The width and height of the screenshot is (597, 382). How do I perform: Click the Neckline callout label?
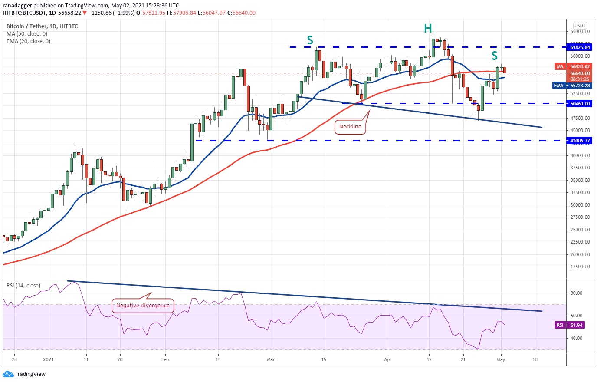(x=350, y=127)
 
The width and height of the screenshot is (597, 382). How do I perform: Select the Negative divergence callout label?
(x=143, y=305)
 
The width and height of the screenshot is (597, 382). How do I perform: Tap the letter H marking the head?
(x=428, y=29)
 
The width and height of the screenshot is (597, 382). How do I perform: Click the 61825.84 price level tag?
(x=580, y=47)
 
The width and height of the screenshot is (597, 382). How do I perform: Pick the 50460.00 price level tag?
(x=580, y=104)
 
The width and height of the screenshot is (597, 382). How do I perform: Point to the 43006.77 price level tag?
(x=580, y=141)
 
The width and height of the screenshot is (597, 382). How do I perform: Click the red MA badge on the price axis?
(x=560, y=66)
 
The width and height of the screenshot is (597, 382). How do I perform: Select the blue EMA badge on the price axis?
(x=559, y=86)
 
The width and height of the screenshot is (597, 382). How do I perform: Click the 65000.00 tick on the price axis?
(x=580, y=31)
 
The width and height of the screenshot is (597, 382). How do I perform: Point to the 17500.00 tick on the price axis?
(x=580, y=267)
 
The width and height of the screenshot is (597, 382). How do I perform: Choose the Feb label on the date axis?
(x=165, y=359)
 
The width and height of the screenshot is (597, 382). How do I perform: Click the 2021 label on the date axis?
(x=49, y=359)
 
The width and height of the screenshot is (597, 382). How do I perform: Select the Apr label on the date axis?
(x=388, y=359)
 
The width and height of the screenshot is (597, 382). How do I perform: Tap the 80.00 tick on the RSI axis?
(x=576, y=293)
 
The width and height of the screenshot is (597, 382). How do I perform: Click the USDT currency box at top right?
(x=580, y=26)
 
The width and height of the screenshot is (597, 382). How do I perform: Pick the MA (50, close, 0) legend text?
(x=27, y=34)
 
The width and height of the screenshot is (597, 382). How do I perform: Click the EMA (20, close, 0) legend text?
(x=28, y=41)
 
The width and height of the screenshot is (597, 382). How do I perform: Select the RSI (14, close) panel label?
(x=23, y=286)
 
